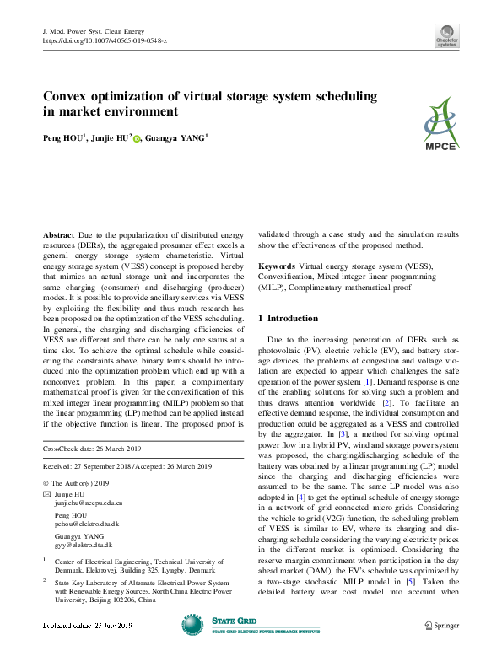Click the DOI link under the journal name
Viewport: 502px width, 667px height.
click(104, 40)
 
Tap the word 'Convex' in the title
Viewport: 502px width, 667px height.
click(68, 96)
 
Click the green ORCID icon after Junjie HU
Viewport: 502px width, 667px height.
click(137, 138)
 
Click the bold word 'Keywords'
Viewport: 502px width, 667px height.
click(278, 266)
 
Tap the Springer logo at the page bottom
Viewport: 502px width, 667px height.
click(441, 625)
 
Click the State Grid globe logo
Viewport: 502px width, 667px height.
click(192, 624)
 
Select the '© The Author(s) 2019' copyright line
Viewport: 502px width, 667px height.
click(77, 482)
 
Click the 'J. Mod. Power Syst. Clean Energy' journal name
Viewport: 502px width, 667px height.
click(99, 30)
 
